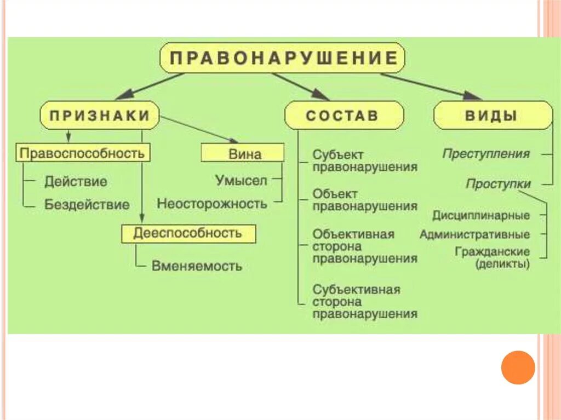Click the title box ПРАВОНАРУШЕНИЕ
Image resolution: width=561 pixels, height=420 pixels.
click(x=282, y=58)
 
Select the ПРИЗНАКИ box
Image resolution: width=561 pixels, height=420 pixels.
click(x=99, y=115)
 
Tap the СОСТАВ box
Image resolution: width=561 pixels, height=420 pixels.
click(x=344, y=116)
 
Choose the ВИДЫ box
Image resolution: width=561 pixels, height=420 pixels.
click(x=493, y=116)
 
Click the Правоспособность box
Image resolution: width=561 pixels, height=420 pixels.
click(x=82, y=153)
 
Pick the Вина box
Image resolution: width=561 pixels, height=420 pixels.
click(x=243, y=153)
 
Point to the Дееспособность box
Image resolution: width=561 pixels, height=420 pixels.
click(x=188, y=233)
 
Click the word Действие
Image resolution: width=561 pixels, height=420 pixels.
click(x=76, y=181)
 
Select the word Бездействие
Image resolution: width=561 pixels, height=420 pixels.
click(x=87, y=205)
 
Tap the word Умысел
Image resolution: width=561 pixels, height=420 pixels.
click(x=241, y=180)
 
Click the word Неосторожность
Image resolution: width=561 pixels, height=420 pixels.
click(x=212, y=204)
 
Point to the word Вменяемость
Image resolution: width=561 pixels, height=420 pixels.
click(x=196, y=267)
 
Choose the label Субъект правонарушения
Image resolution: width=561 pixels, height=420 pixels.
click(x=364, y=161)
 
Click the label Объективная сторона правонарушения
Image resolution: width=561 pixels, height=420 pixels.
click(x=364, y=246)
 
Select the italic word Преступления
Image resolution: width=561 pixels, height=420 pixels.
click(x=486, y=154)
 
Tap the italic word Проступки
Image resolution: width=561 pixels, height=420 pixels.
click(x=498, y=184)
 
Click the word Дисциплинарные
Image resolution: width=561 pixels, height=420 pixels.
click(x=481, y=215)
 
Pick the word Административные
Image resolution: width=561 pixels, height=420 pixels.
click(x=475, y=234)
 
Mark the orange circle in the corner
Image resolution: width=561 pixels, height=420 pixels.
click(x=518, y=367)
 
